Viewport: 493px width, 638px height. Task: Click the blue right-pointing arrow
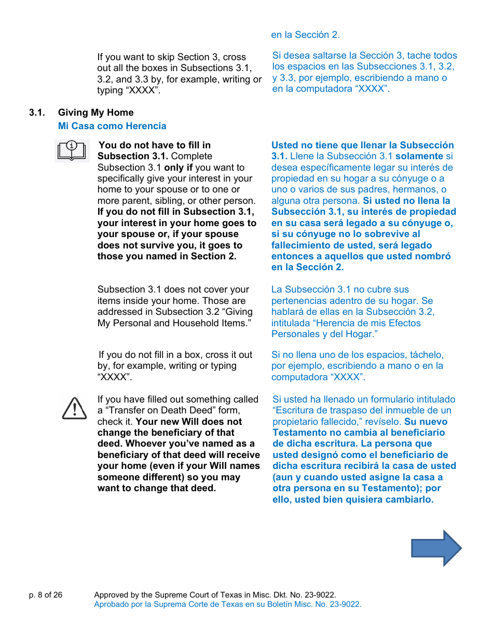click(436, 548)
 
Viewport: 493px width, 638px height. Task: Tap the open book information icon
click(72, 151)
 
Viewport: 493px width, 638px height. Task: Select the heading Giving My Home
click(95, 113)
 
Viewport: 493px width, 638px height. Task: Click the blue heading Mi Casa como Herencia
click(112, 126)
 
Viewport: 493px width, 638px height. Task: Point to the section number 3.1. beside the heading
click(37, 113)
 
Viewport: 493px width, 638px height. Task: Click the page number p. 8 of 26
click(46, 595)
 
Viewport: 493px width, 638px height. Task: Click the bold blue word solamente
click(419, 156)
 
